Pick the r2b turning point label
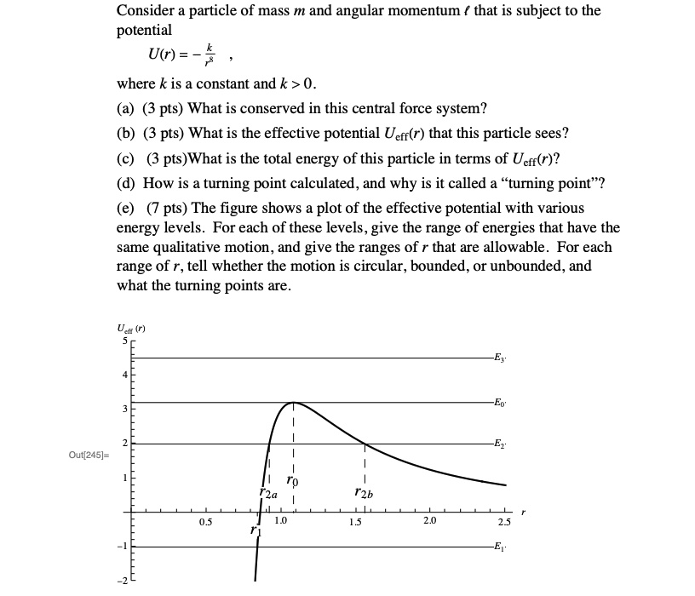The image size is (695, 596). pos(365,493)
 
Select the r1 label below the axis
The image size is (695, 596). pos(255,530)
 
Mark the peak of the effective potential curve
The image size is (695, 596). pos(292,402)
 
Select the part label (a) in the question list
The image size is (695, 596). pos(126,109)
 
